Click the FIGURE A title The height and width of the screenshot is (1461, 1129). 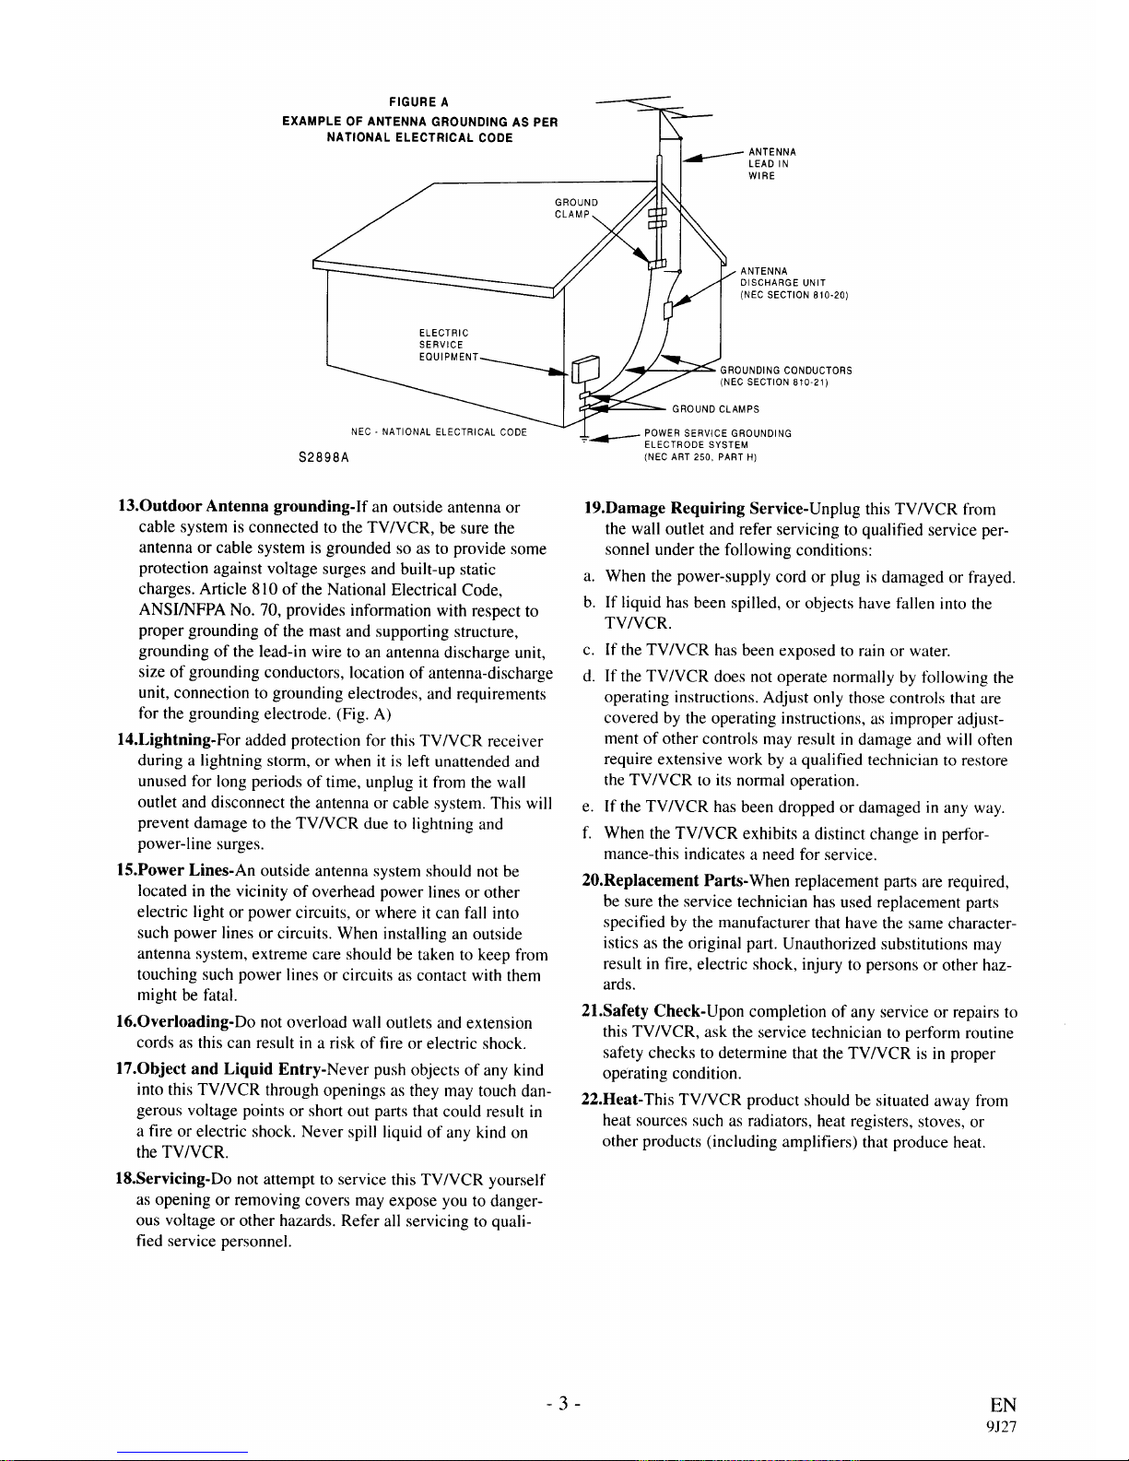(x=418, y=101)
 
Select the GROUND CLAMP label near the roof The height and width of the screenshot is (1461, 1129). (x=576, y=208)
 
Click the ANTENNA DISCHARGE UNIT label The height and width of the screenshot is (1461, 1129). (x=793, y=282)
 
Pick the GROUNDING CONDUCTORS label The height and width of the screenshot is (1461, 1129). (x=785, y=376)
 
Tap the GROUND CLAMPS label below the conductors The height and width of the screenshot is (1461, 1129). (x=715, y=408)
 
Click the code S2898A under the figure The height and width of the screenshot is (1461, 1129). (x=323, y=455)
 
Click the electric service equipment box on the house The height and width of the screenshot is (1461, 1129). (x=583, y=371)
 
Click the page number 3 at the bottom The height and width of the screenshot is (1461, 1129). (x=563, y=1404)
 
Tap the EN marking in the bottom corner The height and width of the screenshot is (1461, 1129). (x=1003, y=1405)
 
